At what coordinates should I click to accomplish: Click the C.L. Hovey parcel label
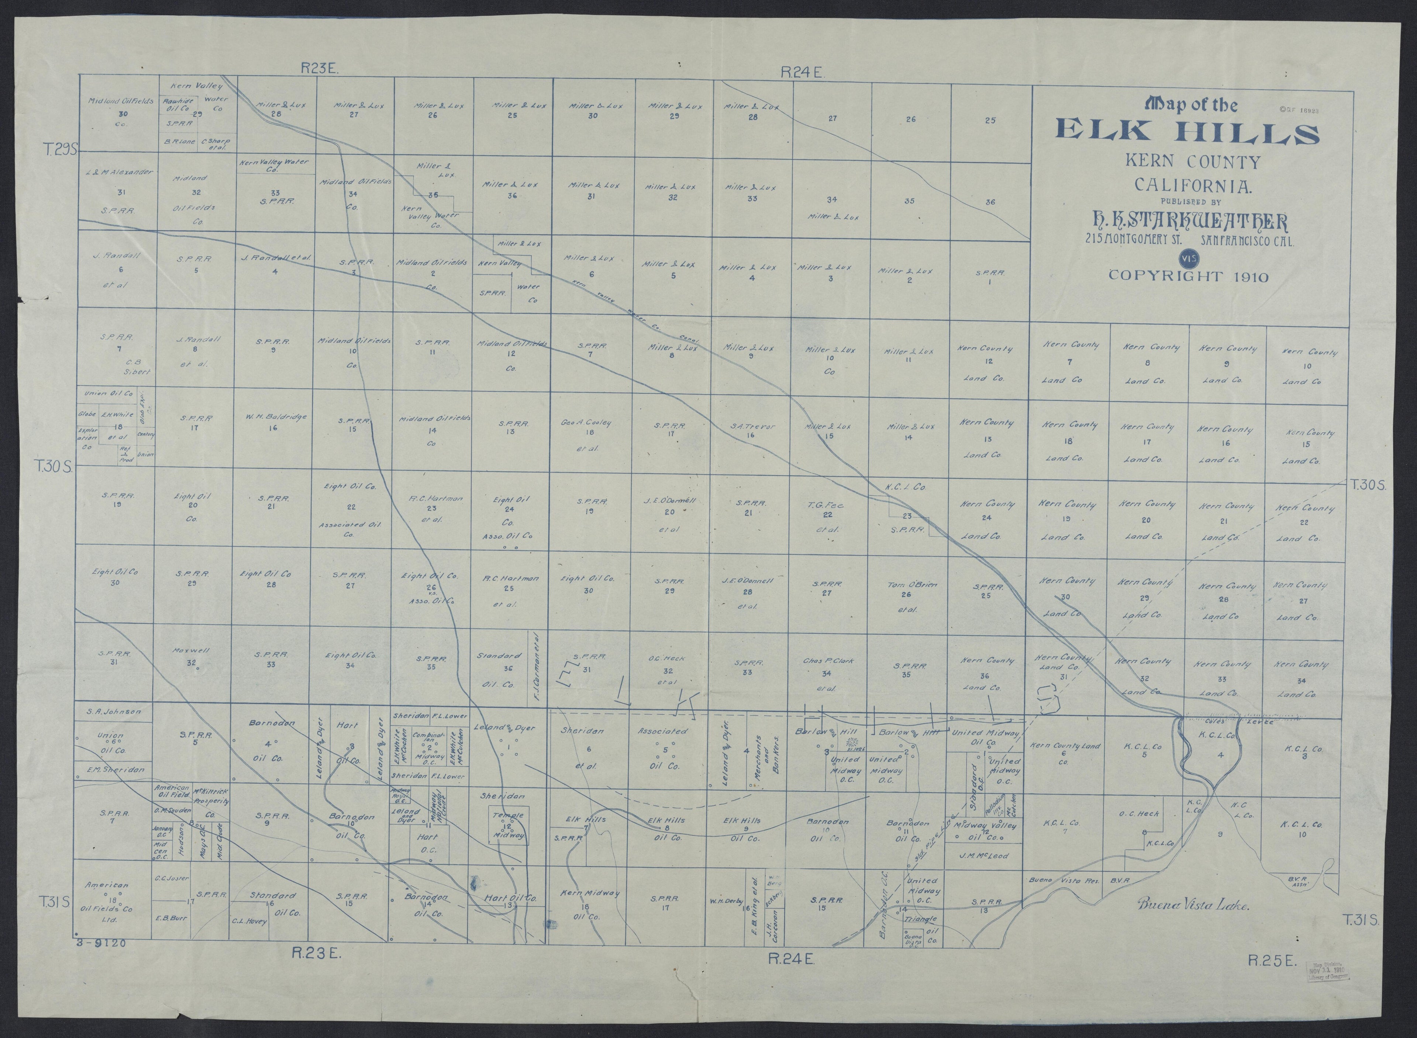(249, 921)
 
